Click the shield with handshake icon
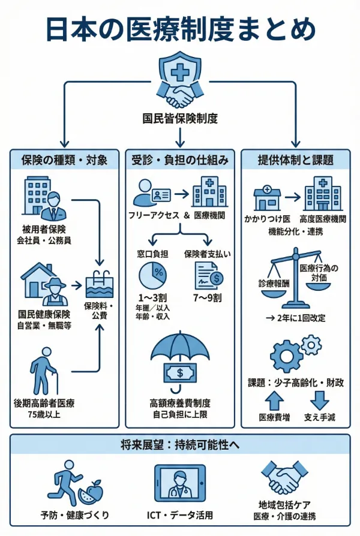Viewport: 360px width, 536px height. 179,80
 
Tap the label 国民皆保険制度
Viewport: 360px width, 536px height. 179,118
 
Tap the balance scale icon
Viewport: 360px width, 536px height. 295,278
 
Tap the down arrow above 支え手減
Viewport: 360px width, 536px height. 319,399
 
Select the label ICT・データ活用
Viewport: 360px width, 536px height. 180,515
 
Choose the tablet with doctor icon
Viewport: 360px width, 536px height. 180,483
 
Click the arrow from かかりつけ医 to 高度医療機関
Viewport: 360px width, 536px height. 293,197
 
